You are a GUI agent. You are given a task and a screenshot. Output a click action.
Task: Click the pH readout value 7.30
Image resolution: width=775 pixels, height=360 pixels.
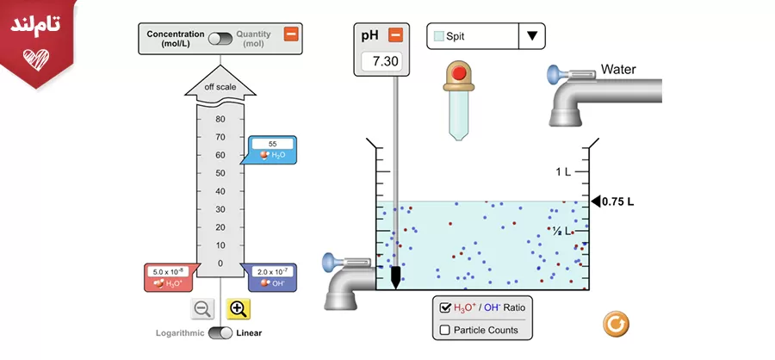pyautogui.click(x=379, y=61)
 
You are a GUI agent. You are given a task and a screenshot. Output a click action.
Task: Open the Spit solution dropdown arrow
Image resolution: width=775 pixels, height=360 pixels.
pyautogui.click(x=531, y=36)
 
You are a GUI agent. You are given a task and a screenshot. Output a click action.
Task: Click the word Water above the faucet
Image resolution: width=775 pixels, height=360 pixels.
pyautogui.click(x=618, y=69)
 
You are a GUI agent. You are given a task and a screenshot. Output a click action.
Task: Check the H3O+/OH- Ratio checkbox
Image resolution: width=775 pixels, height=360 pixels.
pyautogui.click(x=446, y=307)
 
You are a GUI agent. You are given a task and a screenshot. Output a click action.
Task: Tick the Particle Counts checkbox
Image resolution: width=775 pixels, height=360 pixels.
pyautogui.click(x=446, y=330)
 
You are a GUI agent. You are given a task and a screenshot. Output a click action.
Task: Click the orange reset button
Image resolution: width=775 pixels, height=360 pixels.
pyautogui.click(x=616, y=324)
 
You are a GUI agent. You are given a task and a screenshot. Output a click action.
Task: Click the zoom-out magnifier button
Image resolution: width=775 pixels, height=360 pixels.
pyautogui.click(x=202, y=309)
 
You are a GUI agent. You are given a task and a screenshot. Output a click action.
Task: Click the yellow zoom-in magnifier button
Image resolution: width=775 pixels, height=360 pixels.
pyautogui.click(x=239, y=309)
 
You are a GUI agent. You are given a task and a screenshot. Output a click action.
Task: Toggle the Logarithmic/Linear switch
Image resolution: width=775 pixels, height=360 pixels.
pyautogui.click(x=220, y=333)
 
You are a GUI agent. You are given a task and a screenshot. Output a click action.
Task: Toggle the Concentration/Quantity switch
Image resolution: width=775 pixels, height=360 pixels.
pyautogui.click(x=220, y=39)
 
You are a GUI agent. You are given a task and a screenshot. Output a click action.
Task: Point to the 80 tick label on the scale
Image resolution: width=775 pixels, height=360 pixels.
pyautogui.click(x=220, y=119)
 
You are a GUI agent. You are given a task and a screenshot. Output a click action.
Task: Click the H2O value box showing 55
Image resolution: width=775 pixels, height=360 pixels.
pyautogui.click(x=272, y=144)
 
